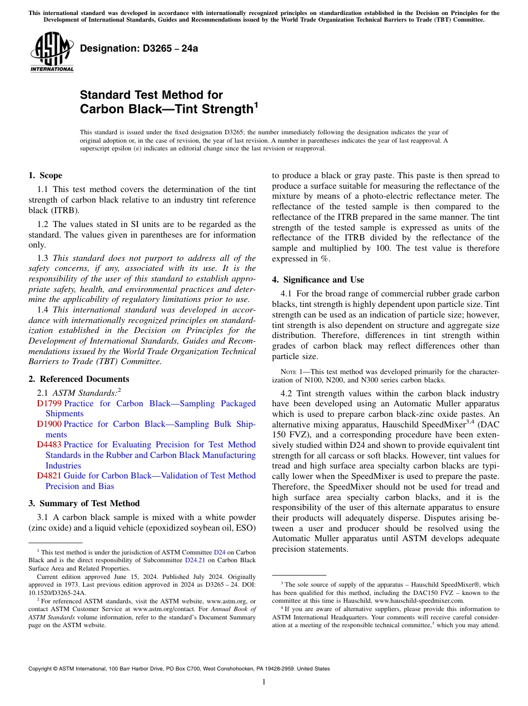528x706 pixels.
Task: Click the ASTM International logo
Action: coord(52,52)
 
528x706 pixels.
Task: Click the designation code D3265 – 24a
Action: coord(139,48)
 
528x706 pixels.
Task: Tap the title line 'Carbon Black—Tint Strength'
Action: coord(167,109)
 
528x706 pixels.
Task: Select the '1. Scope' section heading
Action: coord(45,175)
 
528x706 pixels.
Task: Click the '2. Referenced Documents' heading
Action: coord(78,379)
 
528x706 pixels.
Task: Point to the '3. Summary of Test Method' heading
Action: coord(84,503)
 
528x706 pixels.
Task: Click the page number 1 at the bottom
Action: coord(264,682)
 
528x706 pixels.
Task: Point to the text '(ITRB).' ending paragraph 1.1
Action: coord(66,210)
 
